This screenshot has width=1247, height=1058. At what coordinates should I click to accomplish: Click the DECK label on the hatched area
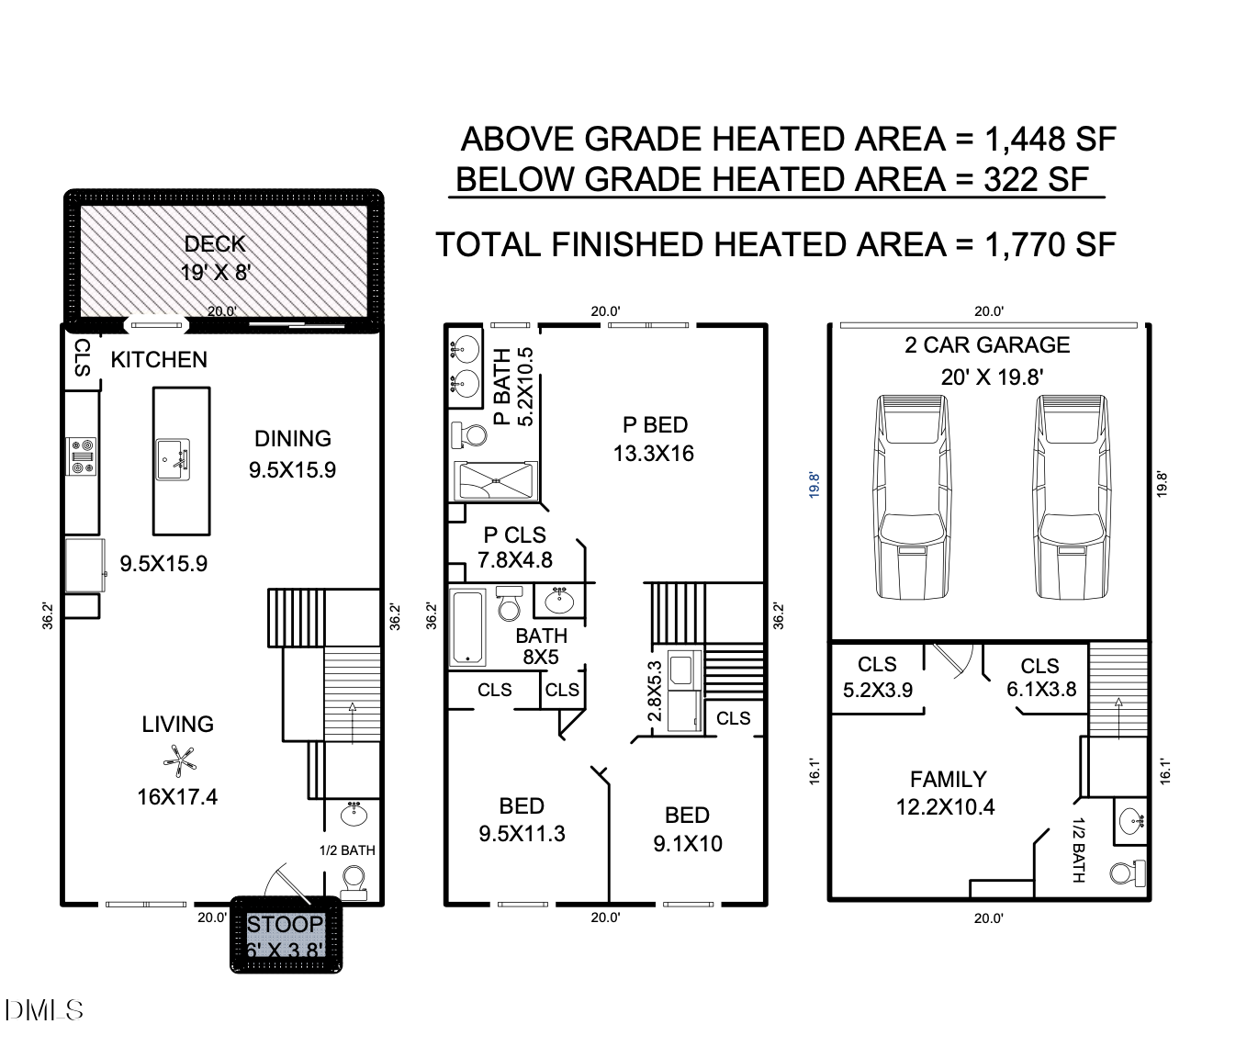(215, 244)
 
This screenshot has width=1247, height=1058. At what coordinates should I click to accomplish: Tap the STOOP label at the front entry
(285, 923)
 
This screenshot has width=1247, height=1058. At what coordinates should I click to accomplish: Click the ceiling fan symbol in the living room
(179, 761)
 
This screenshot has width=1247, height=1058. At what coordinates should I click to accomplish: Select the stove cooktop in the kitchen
(82, 456)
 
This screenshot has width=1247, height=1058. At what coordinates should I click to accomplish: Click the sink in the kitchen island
(174, 459)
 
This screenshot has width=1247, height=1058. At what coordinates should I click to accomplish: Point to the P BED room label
(655, 425)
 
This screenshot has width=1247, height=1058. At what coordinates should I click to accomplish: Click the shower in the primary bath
(496, 481)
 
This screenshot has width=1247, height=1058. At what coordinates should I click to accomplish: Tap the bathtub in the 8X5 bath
(467, 627)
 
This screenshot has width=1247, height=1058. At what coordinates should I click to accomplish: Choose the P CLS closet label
(514, 535)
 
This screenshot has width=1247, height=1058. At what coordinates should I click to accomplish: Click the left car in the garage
(912, 497)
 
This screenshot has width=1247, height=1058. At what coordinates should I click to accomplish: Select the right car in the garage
(1072, 497)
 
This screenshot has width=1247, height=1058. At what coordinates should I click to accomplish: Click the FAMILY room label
(948, 779)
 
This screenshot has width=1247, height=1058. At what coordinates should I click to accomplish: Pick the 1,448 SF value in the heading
(1050, 140)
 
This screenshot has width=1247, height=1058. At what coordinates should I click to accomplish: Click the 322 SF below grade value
(1036, 180)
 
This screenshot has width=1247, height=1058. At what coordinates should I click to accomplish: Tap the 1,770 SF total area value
(1050, 245)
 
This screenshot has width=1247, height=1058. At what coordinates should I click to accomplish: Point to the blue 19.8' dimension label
(814, 485)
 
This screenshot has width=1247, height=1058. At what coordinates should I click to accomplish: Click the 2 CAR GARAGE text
(987, 344)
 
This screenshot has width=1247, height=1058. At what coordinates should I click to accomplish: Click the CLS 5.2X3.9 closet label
(877, 677)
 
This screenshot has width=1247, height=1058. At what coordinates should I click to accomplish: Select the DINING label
(293, 439)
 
